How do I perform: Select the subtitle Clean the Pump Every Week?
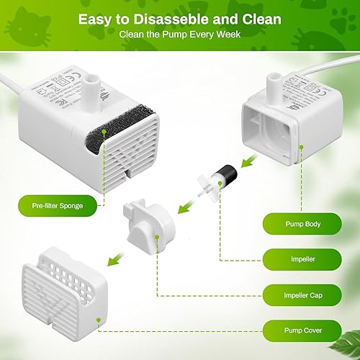[x=179, y=35]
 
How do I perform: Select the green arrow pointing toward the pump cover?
[x=115, y=256]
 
